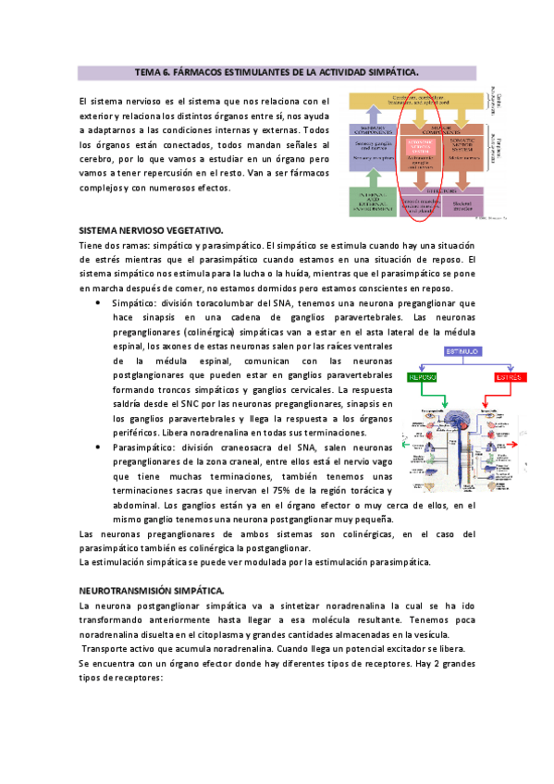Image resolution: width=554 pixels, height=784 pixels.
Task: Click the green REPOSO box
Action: pyautogui.click(x=420, y=377)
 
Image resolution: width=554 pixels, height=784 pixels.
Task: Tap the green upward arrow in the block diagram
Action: pyautogui.click(x=372, y=174)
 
